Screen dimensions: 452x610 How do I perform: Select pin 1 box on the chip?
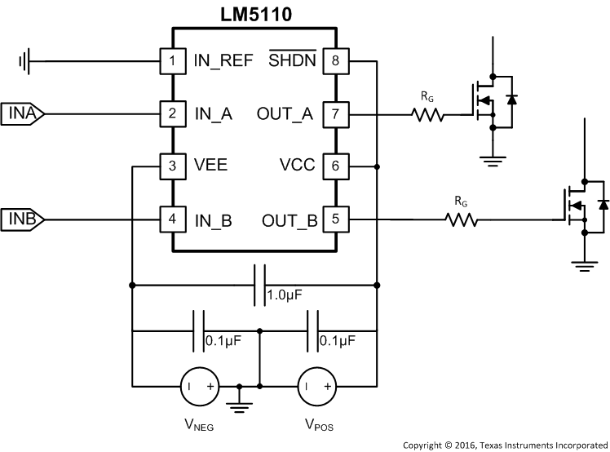pyautogui.click(x=171, y=60)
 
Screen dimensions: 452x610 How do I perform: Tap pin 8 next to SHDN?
pyautogui.click(x=334, y=60)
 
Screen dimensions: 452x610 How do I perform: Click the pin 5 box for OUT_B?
pyautogui.click(x=334, y=219)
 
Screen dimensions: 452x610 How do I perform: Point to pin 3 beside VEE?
pyautogui.click(x=171, y=166)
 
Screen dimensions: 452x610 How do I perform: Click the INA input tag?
pyautogui.click(x=23, y=113)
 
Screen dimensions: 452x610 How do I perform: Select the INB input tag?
pyautogui.click(x=23, y=219)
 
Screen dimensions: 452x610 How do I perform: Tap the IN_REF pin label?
pyautogui.click(x=223, y=60)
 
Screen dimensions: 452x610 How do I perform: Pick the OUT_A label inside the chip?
pyautogui.click(x=285, y=113)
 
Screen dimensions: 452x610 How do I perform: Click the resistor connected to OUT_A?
pyautogui.click(x=428, y=114)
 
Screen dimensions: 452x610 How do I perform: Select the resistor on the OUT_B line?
pyautogui.click(x=462, y=219)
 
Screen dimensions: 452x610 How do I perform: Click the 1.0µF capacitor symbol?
pyautogui.click(x=260, y=285)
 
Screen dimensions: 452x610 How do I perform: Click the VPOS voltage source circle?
pyautogui.click(x=314, y=384)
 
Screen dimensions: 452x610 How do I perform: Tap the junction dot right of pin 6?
pyautogui.click(x=376, y=166)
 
